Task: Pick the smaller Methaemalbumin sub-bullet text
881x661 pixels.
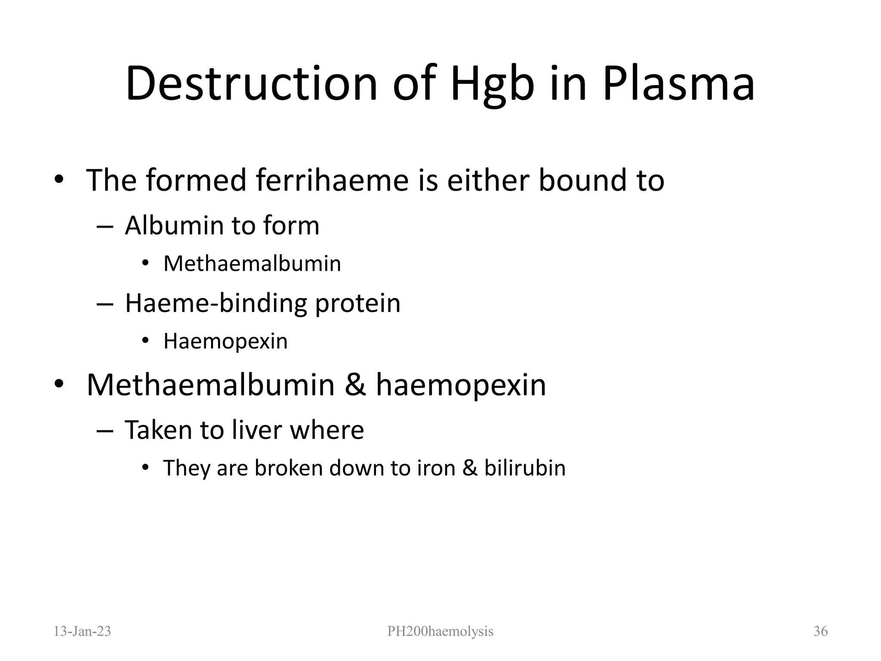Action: tap(252, 263)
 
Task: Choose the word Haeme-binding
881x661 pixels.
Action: tap(216, 303)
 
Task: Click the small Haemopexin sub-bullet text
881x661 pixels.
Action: tap(225, 342)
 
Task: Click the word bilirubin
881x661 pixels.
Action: tap(525, 468)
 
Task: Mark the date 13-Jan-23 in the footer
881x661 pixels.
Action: tap(82, 631)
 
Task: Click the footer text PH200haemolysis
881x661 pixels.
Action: tap(440, 631)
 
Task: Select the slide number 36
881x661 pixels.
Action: tap(820, 631)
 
